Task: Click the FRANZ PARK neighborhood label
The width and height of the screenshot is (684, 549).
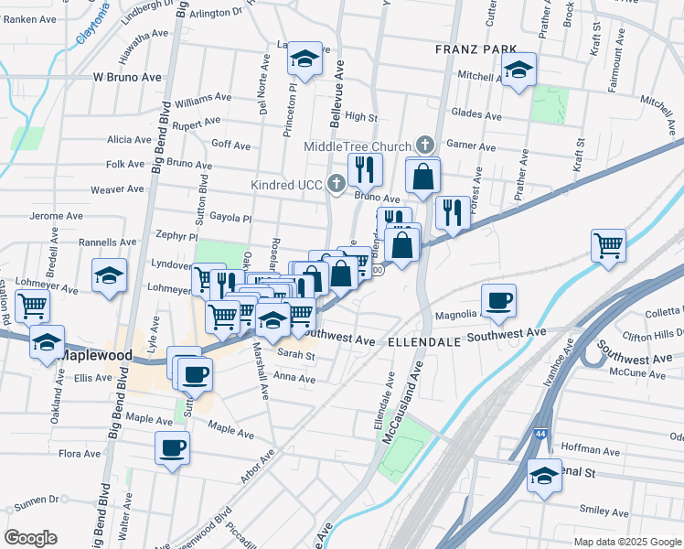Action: (x=476, y=49)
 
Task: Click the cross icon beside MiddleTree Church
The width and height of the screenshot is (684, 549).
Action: (x=424, y=145)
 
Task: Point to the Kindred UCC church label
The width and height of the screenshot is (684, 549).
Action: (x=287, y=185)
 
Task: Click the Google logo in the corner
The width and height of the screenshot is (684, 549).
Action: (x=31, y=538)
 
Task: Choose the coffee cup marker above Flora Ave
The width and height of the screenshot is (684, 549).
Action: (x=172, y=447)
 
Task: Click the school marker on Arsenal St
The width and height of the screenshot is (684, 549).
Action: (x=544, y=475)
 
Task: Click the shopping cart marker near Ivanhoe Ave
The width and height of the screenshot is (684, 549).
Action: (x=608, y=245)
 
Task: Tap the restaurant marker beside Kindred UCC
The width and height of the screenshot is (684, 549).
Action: (x=365, y=168)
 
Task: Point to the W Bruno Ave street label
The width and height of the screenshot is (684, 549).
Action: (x=128, y=78)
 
